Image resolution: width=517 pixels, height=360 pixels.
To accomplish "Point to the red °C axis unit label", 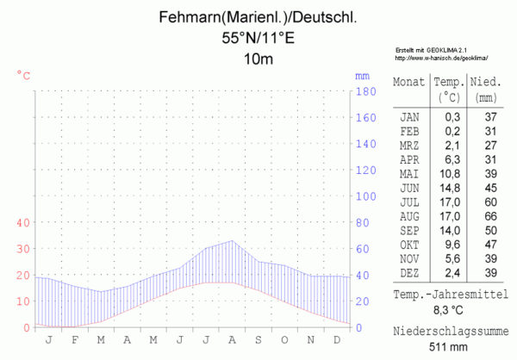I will [24, 76].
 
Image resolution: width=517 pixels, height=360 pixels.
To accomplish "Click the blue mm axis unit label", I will [362, 76].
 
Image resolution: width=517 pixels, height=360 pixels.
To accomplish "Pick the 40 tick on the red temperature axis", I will [23, 222].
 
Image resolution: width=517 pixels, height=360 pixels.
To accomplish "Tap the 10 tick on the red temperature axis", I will [23, 301].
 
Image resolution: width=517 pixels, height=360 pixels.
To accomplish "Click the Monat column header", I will [409, 83].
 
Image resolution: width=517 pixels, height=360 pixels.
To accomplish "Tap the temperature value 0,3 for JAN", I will [452, 116].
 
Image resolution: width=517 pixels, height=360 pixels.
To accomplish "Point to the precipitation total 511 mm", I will [448, 346].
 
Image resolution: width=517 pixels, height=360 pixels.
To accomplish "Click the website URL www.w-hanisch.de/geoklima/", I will [442, 58].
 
